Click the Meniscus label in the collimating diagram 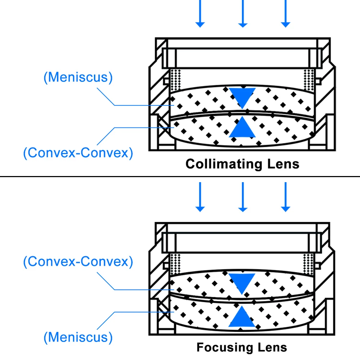tap(78, 77)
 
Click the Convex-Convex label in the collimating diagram tap(78, 153)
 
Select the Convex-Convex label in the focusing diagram tap(78, 261)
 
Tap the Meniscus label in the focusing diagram tap(78, 337)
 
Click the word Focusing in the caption tap(225, 347)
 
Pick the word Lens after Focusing tap(273, 347)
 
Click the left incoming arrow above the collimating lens tap(200, 14)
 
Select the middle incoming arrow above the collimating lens tap(243, 14)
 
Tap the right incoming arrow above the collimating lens tap(285, 14)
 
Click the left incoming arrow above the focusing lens tap(200, 197)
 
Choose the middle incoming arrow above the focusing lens tap(243, 197)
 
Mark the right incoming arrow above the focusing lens tap(285, 197)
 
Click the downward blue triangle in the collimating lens tap(242, 96)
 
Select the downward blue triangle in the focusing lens tap(242, 282)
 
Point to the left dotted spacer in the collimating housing tap(176, 80)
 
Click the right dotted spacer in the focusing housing tap(309, 264)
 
